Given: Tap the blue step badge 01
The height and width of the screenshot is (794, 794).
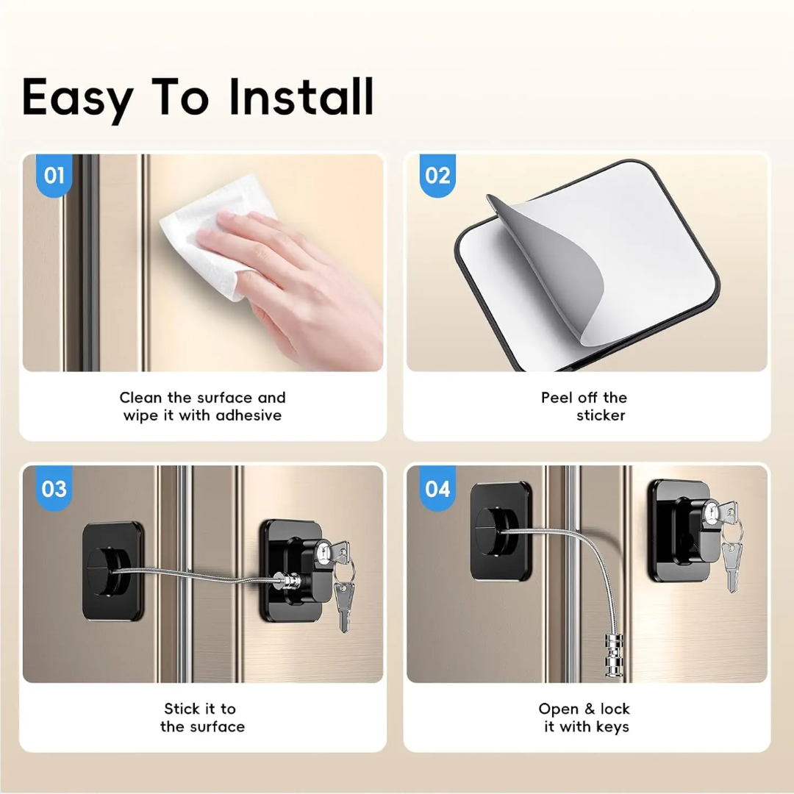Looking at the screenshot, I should (54, 176).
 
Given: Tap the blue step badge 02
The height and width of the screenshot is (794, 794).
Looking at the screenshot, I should (437, 176).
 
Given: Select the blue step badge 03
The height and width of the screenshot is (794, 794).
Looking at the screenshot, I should (54, 489).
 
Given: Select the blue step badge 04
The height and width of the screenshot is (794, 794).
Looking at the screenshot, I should (437, 489).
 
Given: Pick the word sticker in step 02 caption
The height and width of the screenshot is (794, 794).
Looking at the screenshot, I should (601, 415).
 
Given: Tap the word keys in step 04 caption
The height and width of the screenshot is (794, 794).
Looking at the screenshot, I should (612, 727).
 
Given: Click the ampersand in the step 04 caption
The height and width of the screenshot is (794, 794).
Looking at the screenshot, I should (590, 709).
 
